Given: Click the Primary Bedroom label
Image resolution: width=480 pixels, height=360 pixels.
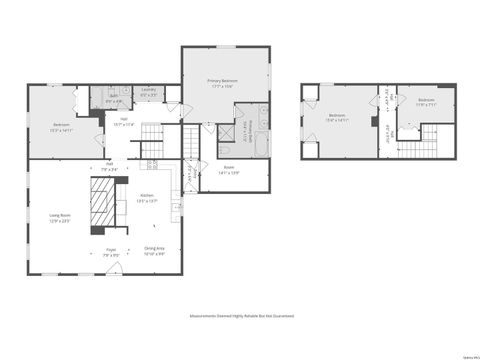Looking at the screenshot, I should pyautogui.click(x=222, y=83).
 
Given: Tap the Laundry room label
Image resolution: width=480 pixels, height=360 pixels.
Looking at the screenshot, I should pyautogui.click(x=147, y=93).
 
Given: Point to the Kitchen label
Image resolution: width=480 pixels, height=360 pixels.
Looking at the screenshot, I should pyautogui.click(x=147, y=197).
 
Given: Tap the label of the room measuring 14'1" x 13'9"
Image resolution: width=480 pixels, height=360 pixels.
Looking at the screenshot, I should pyautogui.click(x=229, y=169).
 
